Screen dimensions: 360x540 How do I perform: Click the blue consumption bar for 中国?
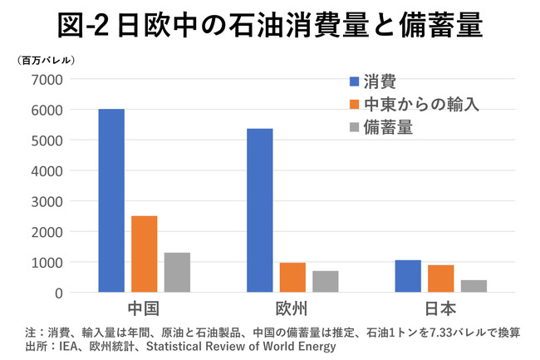pos(111,200)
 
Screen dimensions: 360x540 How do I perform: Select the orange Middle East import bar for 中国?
pos(144,254)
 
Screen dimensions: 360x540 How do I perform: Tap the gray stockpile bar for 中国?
pos(177,272)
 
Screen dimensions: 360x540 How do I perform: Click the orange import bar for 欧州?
pos(292,277)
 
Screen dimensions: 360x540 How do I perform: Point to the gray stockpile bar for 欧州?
pos(326,281)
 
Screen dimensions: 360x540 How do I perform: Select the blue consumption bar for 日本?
pos(408,276)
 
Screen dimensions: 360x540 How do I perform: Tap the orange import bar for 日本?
pos(441,279)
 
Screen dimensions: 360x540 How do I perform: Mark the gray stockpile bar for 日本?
pos(474,286)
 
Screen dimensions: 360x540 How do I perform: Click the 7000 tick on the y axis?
pos(47,79)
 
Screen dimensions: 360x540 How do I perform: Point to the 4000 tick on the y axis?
pos(47,170)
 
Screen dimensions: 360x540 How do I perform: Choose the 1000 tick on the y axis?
pos(47,262)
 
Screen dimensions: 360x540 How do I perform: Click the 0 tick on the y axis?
pos(58,293)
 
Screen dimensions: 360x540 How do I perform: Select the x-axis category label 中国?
pos(144,309)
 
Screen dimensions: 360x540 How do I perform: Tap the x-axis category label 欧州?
pos(292,309)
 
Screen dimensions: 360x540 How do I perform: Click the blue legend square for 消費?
pos(355,81)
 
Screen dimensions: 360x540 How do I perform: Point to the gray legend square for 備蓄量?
pos(355,127)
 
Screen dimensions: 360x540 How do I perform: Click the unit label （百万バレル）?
pos(47,60)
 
